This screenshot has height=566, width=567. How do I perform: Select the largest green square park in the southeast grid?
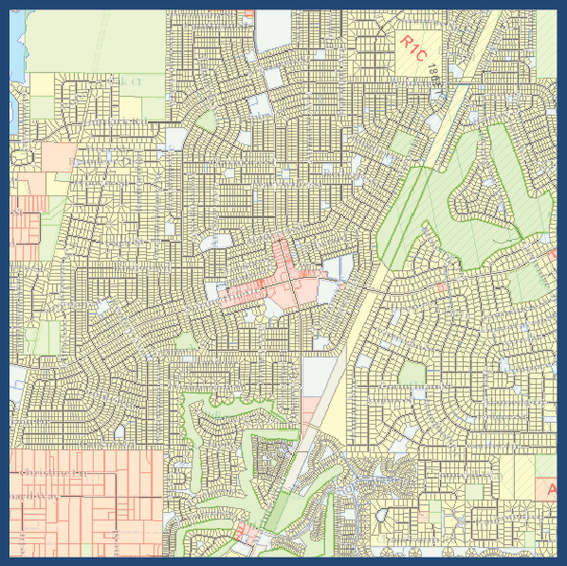(544, 466)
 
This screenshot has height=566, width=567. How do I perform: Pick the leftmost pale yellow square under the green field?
(43, 84)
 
